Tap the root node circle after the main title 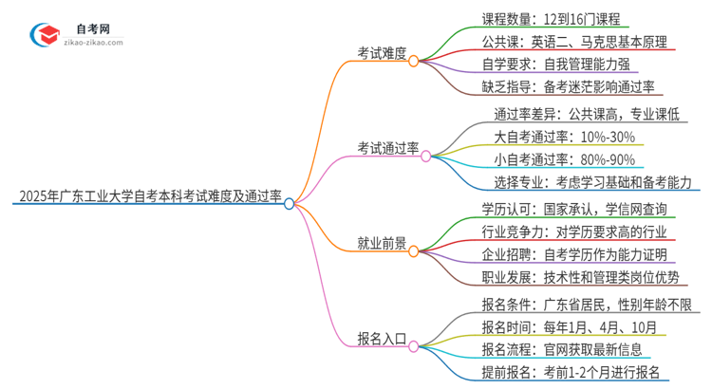(290, 202)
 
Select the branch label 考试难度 (382, 55)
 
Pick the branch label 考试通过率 (388, 148)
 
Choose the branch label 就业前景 (382, 244)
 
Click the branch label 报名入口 (382, 336)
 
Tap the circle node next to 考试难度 (414, 60)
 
